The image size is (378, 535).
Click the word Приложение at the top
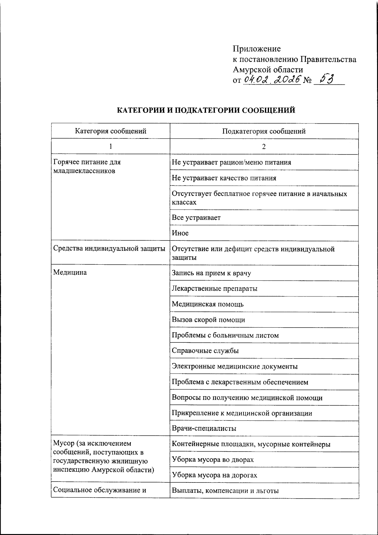(x=256, y=49)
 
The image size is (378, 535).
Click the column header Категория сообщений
(x=111, y=131)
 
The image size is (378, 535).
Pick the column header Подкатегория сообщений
(x=264, y=131)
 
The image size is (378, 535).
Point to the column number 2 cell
(x=264, y=147)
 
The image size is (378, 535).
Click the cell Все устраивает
(x=196, y=218)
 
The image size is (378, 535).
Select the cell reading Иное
(x=180, y=233)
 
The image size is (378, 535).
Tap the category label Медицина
(x=70, y=273)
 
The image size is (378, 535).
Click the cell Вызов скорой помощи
(x=208, y=320)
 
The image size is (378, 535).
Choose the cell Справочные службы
(x=205, y=351)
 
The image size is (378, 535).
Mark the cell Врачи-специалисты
(x=204, y=429)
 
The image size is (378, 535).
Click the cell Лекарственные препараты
(x=215, y=289)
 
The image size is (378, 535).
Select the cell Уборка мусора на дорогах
(x=214, y=475)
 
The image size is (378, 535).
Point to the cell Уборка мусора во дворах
(x=213, y=460)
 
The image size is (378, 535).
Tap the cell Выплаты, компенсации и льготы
(x=225, y=491)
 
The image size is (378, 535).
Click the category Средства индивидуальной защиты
(x=109, y=249)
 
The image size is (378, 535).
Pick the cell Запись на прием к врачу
(x=211, y=273)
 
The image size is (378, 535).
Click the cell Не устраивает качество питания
(x=224, y=178)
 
